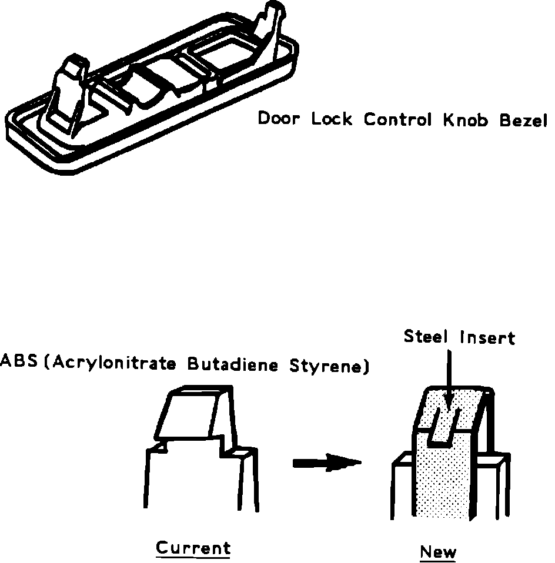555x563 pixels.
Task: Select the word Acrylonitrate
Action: (115, 363)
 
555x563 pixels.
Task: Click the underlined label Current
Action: (193, 548)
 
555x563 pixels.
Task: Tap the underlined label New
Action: (438, 552)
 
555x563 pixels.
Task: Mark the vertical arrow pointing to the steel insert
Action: (449, 376)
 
